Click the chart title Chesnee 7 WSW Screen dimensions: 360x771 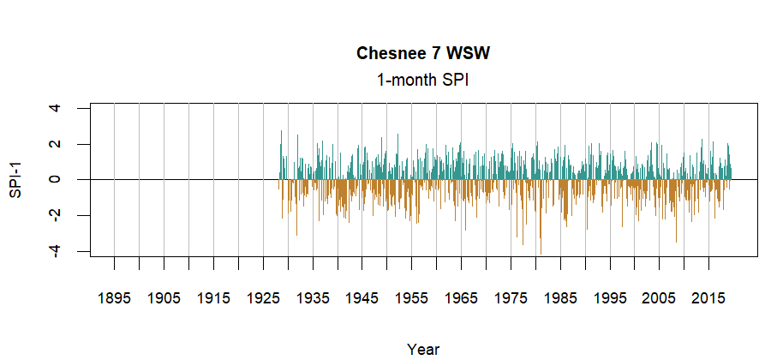click(x=423, y=54)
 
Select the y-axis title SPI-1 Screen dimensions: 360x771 click(x=15, y=180)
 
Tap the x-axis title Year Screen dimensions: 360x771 click(x=423, y=349)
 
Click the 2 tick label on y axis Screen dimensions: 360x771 click(x=56, y=144)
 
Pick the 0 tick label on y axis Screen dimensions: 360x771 click(x=56, y=180)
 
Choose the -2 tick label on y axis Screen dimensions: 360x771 click(x=56, y=215)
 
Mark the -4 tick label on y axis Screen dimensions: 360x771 click(x=56, y=251)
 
